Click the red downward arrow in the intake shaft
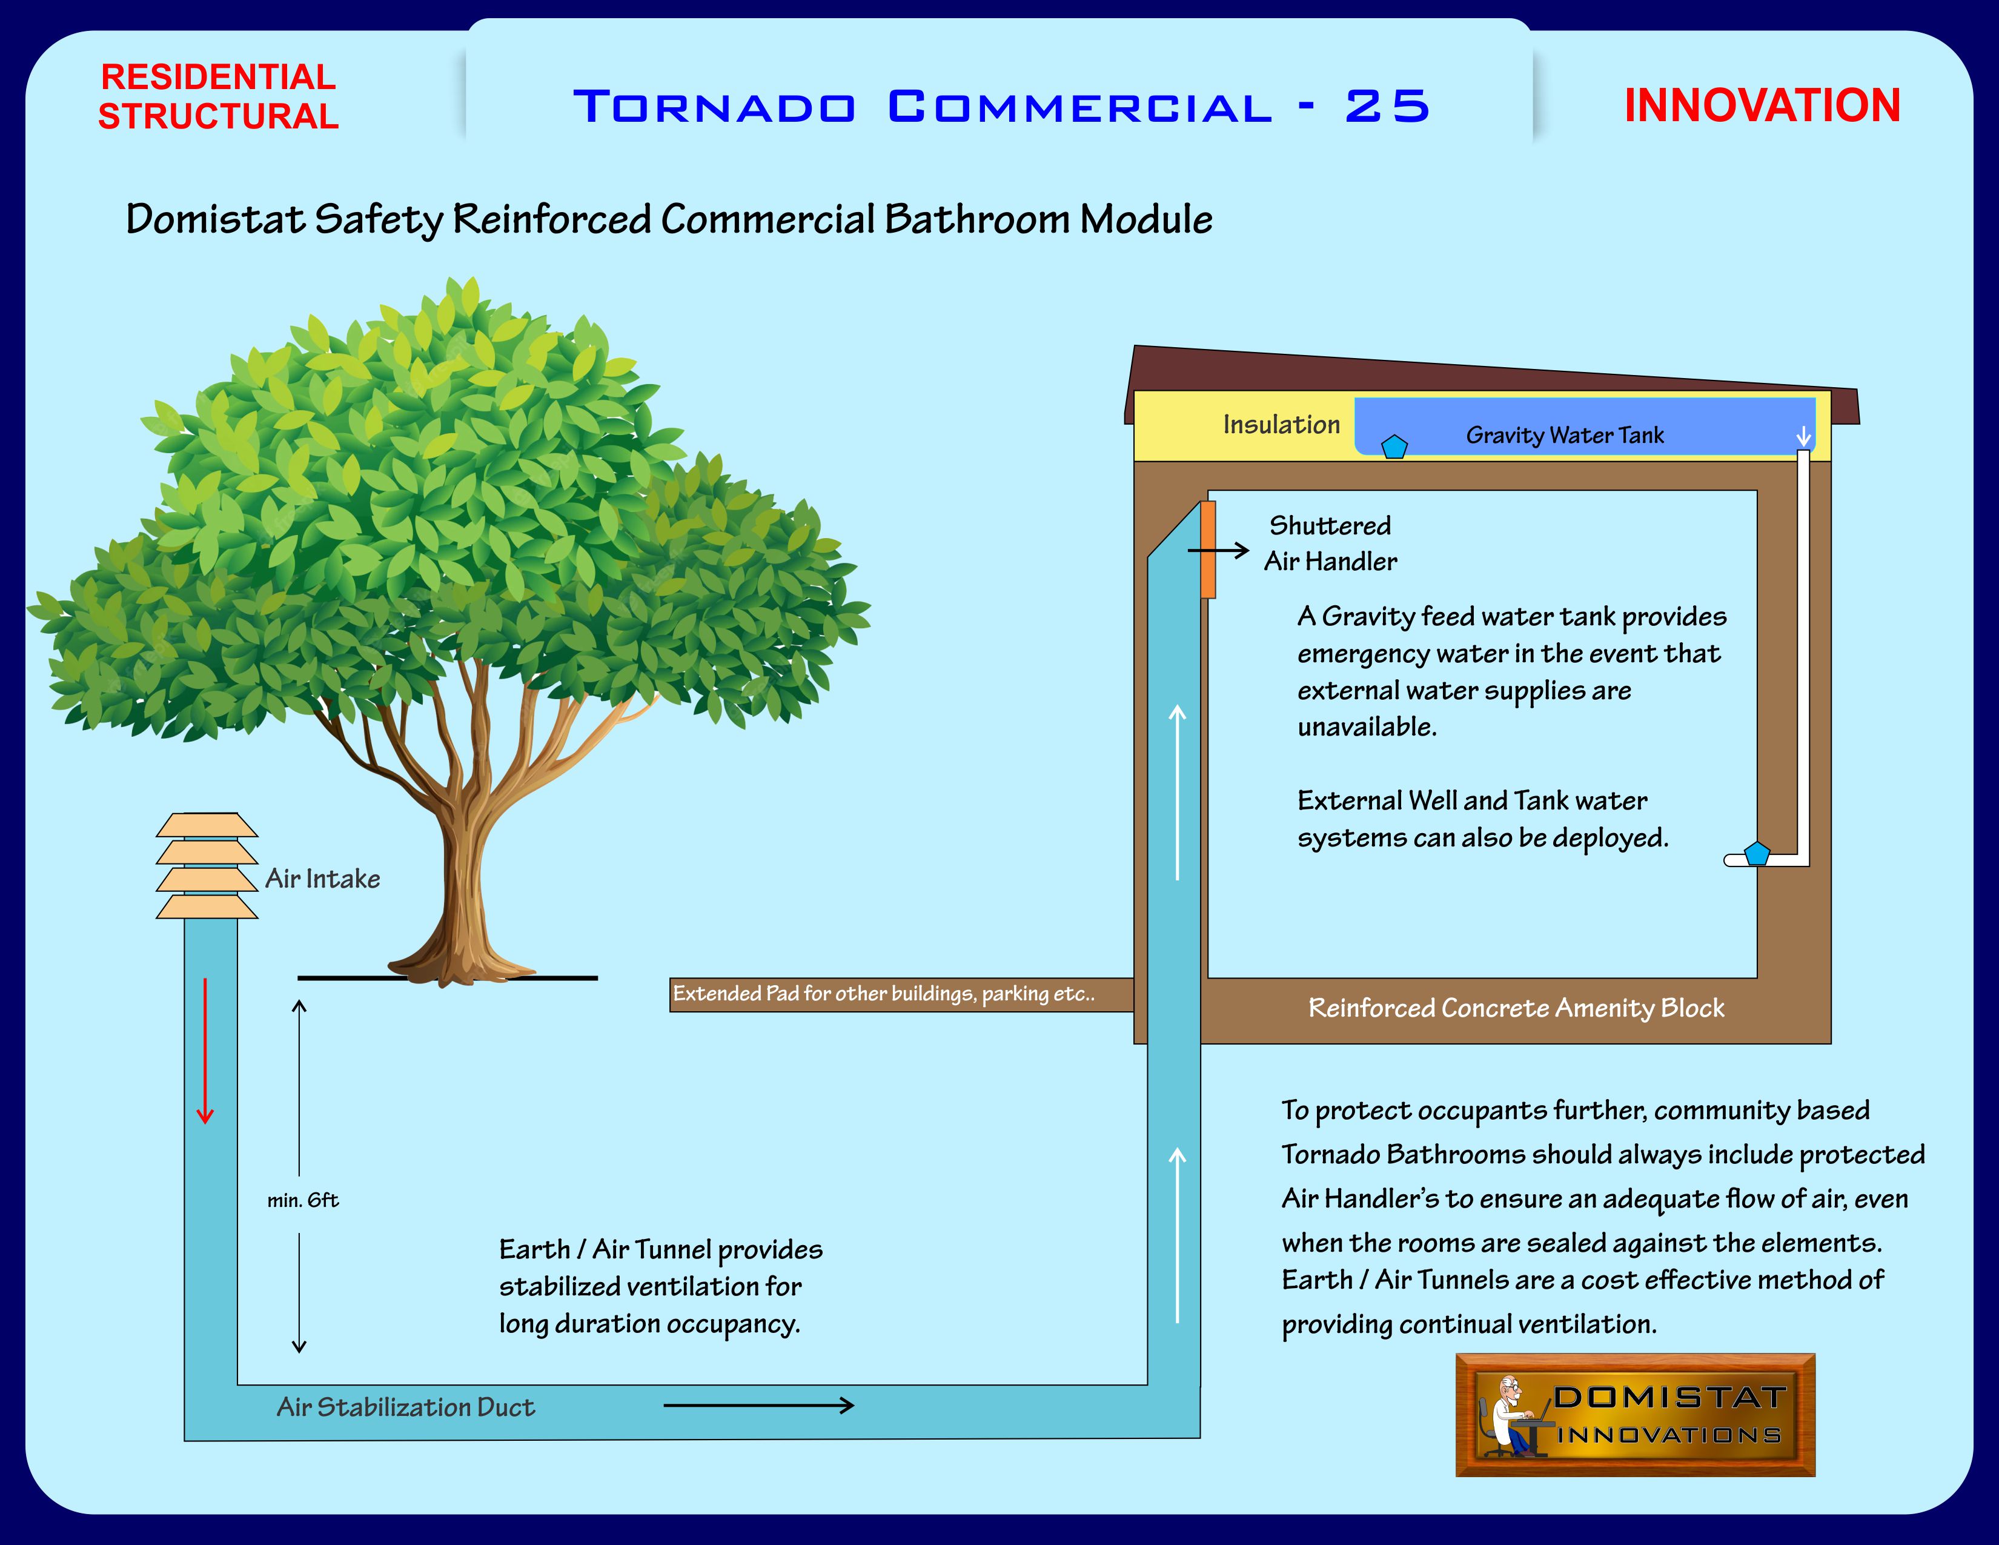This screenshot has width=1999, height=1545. point(205,1051)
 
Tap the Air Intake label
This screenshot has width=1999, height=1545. point(322,879)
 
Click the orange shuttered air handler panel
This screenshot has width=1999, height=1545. point(1208,549)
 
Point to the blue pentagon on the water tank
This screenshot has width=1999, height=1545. point(1394,447)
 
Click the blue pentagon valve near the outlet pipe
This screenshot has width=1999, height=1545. point(1757,853)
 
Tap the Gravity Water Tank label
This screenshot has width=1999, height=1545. point(1565,436)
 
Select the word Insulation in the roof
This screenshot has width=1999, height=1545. point(1281,425)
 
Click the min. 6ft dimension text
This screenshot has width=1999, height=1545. point(303,1200)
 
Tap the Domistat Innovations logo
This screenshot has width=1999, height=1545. point(1635,1414)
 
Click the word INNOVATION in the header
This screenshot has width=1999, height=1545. point(1762,105)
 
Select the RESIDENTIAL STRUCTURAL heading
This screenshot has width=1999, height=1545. point(219,96)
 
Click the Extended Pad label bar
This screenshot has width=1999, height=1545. point(901,994)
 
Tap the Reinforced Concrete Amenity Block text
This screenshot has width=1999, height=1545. point(1516,1008)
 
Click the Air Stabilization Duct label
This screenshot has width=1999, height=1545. point(405,1407)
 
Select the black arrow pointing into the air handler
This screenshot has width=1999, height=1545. point(1218,550)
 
